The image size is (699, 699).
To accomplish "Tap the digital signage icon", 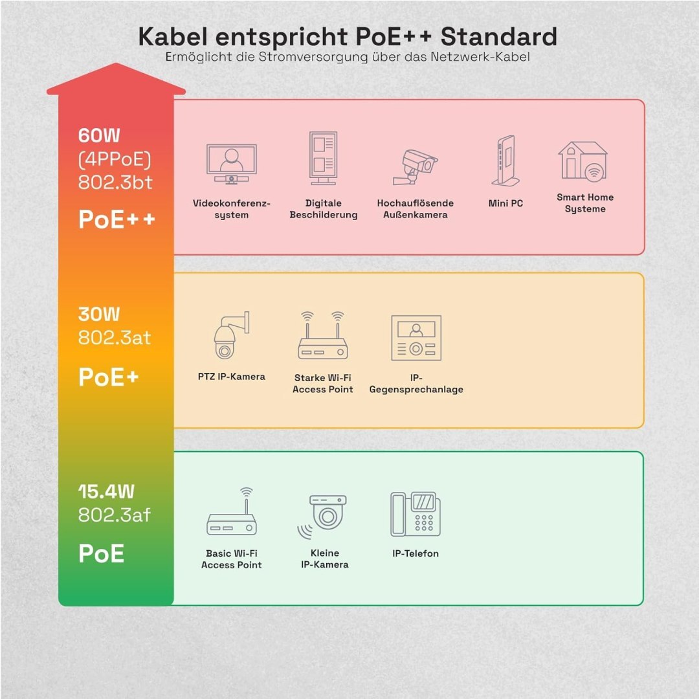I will pyautogui.click(x=323, y=159).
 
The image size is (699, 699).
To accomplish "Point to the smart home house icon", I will pyautogui.click(x=584, y=161).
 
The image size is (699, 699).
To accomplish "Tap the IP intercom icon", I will pyautogui.click(x=416, y=338).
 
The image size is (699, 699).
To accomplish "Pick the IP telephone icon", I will pyautogui.click(x=415, y=514).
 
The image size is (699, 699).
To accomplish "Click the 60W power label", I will pyautogui.click(x=99, y=136).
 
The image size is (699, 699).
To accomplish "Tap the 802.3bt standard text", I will pyautogui.click(x=115, y=183).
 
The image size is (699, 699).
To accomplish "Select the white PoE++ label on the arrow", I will pyautogui.click(x=116, y=219).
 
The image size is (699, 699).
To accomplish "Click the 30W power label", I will pyautogui.click(x=99, y=315).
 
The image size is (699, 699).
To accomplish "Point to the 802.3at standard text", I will pyautogui.click(x=115, y=337).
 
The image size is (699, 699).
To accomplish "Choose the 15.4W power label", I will pyautogui.click(x=106, y=492).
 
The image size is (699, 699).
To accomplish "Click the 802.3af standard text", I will pyautogui.click(x=115, y=515).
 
